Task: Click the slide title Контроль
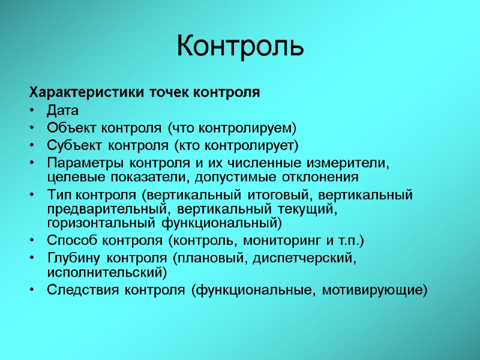click(240, 46)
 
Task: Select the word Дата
click(62, 110)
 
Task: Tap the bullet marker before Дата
click(32, 111)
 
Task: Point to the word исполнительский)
click(106, 272)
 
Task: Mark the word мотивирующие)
click(375, 290)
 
